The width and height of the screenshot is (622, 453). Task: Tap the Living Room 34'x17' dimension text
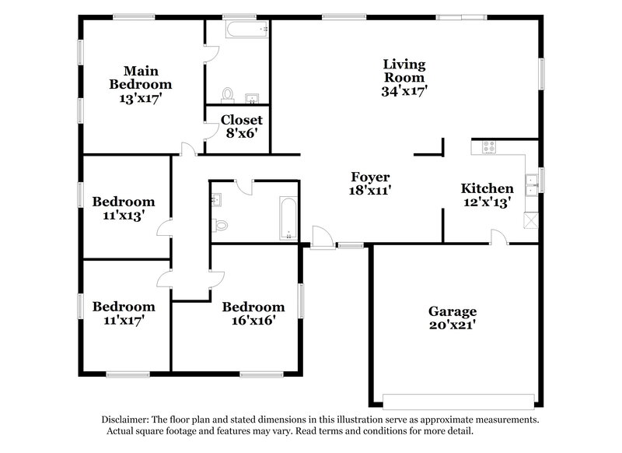coord(404,90)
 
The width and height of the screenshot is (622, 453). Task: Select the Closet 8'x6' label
coord(241,133)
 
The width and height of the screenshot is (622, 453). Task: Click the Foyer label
coord(369,177)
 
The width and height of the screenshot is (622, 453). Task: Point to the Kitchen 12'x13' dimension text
coord(487,202)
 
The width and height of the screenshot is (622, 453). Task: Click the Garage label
coord(453,311)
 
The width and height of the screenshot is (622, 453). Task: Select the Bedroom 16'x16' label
coord(253,307)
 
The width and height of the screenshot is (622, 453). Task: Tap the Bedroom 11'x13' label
coord(124,202)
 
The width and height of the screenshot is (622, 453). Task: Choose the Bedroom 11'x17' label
coord(124,307)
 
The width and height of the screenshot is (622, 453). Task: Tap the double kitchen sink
coord(533,184)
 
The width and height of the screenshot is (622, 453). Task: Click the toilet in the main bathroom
coord(228,95)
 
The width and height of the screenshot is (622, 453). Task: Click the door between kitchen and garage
coord(498,237)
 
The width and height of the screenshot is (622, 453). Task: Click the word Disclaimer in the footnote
coord(127,419)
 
